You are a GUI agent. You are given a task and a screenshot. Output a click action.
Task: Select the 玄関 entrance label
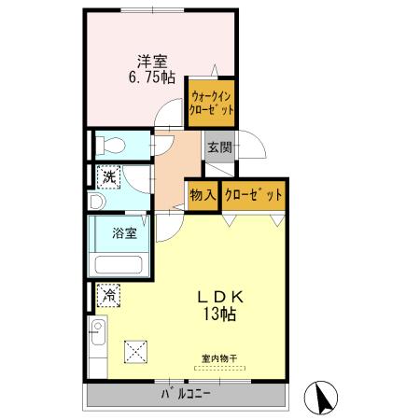(x=219, y=147)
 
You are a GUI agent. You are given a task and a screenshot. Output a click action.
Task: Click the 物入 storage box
(x=203, y=195)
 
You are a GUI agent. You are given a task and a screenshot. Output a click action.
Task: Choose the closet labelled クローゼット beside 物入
(x=253, y=195)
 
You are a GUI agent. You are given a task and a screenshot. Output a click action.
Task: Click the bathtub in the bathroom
(x=116, y=263)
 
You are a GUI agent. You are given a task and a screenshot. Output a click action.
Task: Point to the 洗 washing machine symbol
(x=109, y=176)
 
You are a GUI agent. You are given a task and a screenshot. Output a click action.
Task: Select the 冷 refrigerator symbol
(x=109, y=295)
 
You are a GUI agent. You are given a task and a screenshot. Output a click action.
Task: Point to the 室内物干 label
(x=219, y=357)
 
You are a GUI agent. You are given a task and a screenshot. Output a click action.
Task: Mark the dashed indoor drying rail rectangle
(x=220, y=369)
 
